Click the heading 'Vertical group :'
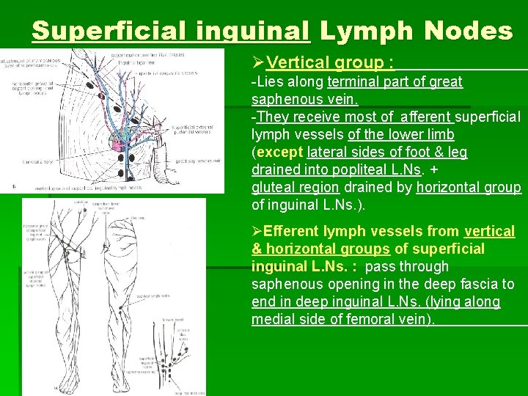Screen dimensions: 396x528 [330, 63]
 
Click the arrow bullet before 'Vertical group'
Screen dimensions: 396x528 [257, 63]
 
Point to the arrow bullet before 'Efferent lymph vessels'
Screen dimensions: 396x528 [257, 232]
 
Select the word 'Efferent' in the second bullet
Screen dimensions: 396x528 [293, 232]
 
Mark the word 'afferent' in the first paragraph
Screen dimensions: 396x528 [425, 117]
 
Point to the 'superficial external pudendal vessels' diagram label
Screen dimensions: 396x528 [191, 130]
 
